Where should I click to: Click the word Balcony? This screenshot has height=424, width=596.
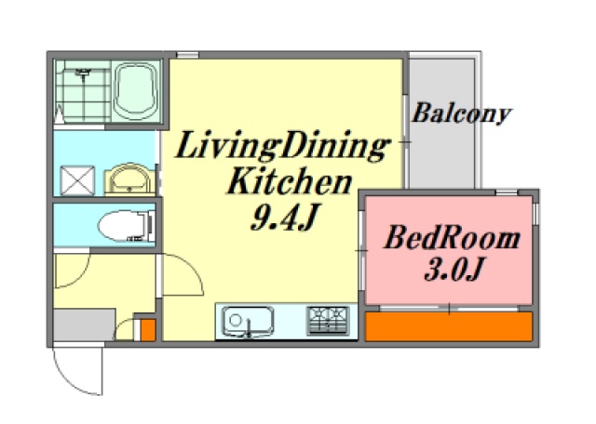coord(462,113)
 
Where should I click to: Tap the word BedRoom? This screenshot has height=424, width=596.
coord(452,238)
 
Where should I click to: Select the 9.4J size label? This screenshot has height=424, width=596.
coord(283,217)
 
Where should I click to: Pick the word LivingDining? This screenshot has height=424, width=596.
coord(283,146)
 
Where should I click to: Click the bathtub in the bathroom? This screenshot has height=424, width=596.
coord(136,91)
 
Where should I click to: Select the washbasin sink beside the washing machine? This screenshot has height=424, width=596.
coord(129,179)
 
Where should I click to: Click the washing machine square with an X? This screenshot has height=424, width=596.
coord(77,180)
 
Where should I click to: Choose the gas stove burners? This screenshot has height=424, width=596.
coord(329,321)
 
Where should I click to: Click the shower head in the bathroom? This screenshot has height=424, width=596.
coord(83,72)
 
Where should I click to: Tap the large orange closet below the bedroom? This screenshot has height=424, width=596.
coord(449,326)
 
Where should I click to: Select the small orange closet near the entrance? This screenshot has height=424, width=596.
coord(148,329)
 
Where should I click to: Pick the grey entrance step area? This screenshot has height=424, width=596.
coord(84,325)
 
